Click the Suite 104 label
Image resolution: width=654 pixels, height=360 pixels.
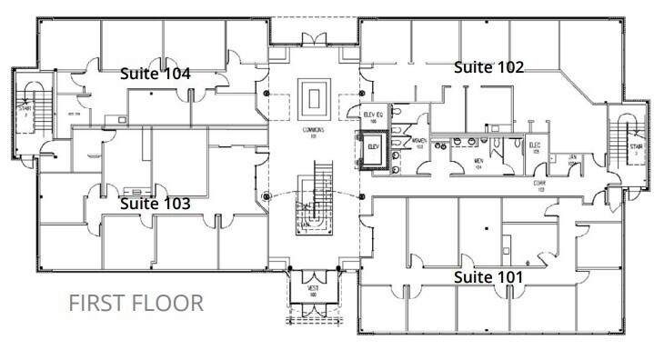click(156, 75)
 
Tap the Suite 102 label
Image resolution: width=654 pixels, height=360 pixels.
click(489, 66)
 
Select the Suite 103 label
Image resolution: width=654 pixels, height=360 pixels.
click(156, 205)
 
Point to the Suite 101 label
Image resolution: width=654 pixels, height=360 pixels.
click(489, 274)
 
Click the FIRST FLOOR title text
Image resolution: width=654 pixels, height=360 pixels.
click(136, 303)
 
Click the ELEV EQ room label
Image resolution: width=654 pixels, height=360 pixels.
click(375, 115)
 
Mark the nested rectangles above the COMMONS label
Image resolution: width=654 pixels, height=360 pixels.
click(316, 97)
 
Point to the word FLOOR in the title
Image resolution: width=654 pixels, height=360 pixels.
click(173, 303)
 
